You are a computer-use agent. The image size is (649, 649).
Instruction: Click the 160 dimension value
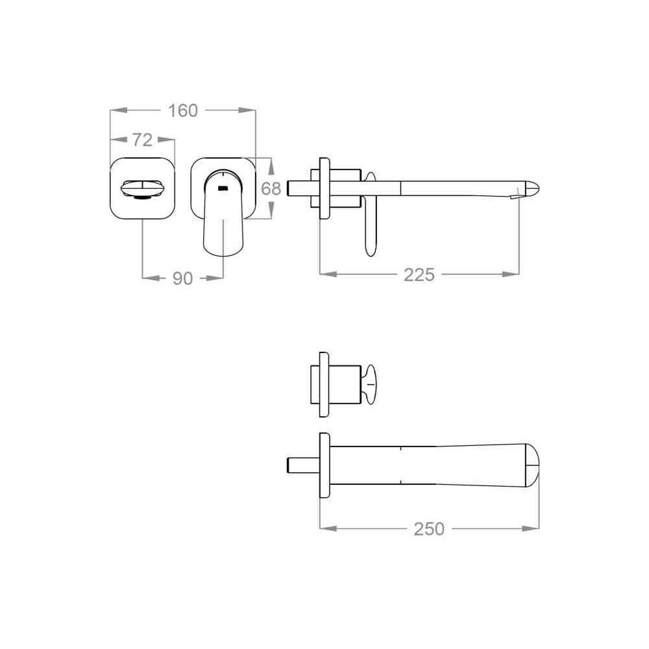point(182,110)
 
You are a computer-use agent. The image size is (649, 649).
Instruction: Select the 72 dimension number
point(143,140)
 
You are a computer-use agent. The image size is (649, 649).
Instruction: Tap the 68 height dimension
point(271,189)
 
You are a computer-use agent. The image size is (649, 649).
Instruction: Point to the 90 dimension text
point(182,278)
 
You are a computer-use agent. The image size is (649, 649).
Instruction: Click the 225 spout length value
point(419,275)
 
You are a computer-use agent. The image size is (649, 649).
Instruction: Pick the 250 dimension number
point(429,529)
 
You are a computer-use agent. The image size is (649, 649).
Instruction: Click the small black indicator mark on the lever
point(223,188)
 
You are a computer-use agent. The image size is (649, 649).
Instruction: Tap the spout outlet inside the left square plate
point(141,189)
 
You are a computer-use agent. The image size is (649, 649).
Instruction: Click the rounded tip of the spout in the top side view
point(532,189)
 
